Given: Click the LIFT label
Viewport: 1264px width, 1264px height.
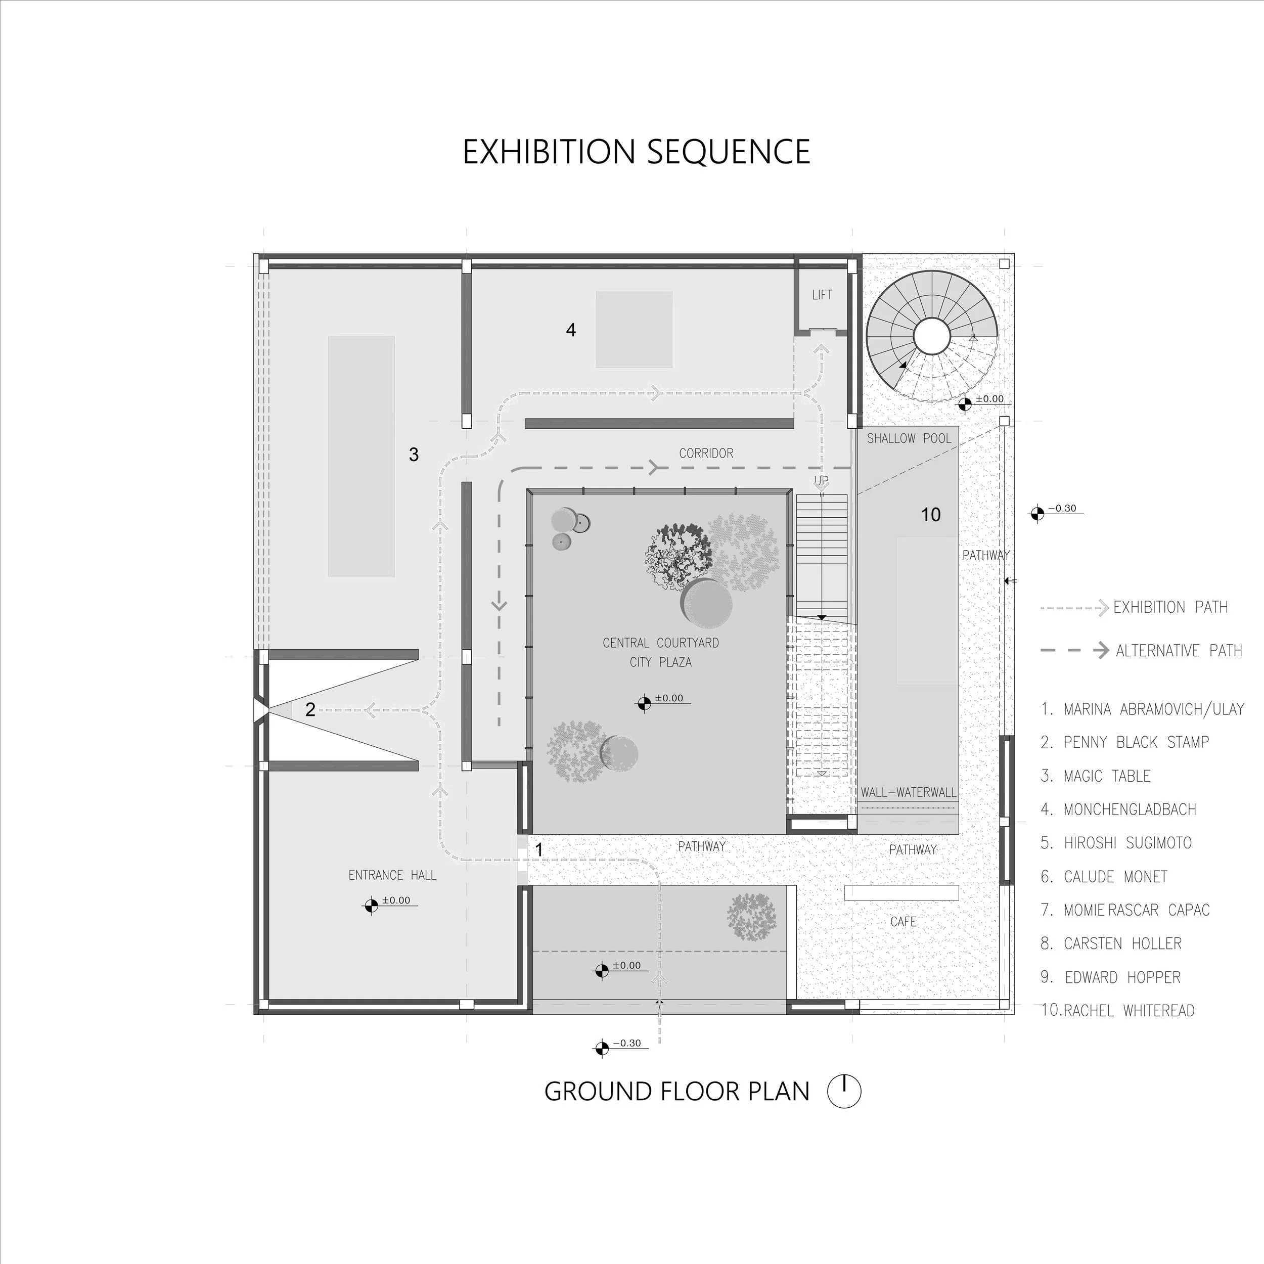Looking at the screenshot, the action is pos(822,295).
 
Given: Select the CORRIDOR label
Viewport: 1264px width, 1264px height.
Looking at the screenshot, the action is pos(706,453).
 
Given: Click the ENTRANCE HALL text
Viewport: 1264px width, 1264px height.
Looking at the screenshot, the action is pos(392,875).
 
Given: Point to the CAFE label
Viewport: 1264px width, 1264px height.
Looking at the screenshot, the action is pos(904,921).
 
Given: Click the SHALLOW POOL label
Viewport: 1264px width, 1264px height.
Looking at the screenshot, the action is pos(909,438).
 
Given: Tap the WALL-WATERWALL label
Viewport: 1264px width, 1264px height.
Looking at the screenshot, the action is pos(908,792).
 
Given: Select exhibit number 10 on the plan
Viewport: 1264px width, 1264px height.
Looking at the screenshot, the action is pos(930,515).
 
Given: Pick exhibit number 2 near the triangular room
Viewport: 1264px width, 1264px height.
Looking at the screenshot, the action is pos(310,709).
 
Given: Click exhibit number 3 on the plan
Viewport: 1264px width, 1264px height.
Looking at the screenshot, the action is pos(414,454).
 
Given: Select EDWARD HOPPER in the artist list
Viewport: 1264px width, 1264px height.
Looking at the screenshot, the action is pos(1122,977).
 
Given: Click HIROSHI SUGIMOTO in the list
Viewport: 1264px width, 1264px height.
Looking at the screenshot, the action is pos(1128,843).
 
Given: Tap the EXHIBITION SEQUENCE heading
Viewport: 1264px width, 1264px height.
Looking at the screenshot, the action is pos(637,152).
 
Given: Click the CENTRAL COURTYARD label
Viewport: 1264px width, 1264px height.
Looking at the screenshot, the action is pos(661,643).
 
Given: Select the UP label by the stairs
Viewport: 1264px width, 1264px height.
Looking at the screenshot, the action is pos(822,481).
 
